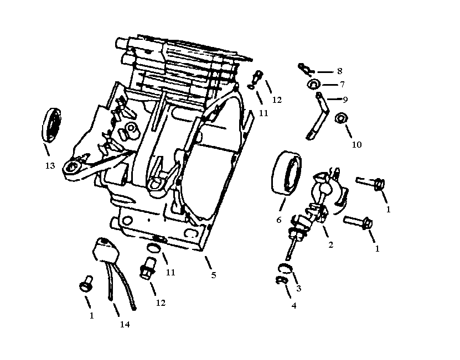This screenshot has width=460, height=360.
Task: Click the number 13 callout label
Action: point(50,165)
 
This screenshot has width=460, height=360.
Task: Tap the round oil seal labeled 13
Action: point(53,126)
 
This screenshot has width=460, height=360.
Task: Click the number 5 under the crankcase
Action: point(214,275)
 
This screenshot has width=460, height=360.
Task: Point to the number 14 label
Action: point(125,325)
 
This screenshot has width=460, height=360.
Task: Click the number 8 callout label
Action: point(339,71)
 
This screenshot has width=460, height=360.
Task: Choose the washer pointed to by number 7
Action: point(313,85)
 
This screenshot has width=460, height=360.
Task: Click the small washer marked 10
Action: point(342,118)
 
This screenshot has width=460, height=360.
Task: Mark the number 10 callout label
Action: point(356,145)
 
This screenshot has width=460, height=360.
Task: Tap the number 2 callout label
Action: point(330,245)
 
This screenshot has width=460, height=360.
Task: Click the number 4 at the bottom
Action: point(293,305)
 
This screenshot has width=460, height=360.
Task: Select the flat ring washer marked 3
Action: point(284,269)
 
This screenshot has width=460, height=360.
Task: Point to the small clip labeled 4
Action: point(280,281)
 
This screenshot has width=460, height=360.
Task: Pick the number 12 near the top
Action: point(277,100)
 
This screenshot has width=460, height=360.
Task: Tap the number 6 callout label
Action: point(278,220)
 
